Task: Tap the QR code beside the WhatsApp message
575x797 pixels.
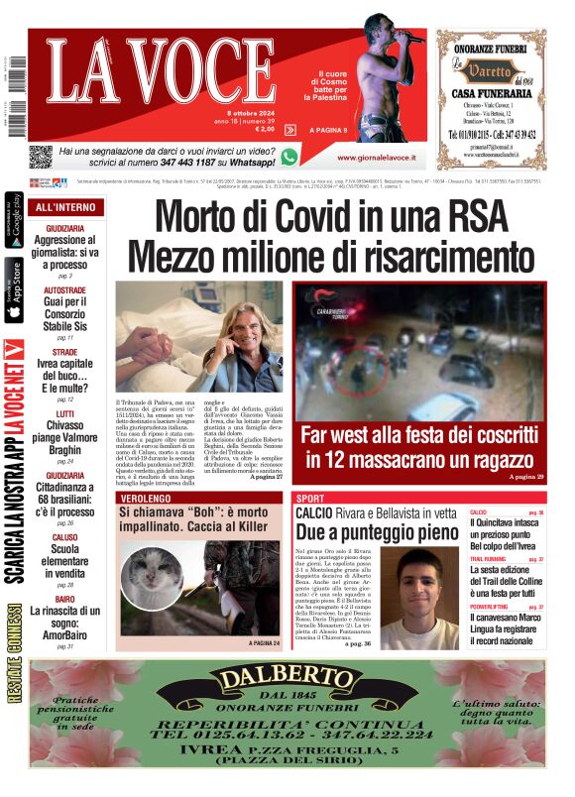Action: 40,157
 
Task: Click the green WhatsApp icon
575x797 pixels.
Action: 288,157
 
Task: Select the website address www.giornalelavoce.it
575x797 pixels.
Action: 376,158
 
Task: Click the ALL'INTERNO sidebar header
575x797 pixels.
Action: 65,207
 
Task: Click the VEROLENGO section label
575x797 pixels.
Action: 148,498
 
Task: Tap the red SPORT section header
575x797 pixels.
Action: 310,498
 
